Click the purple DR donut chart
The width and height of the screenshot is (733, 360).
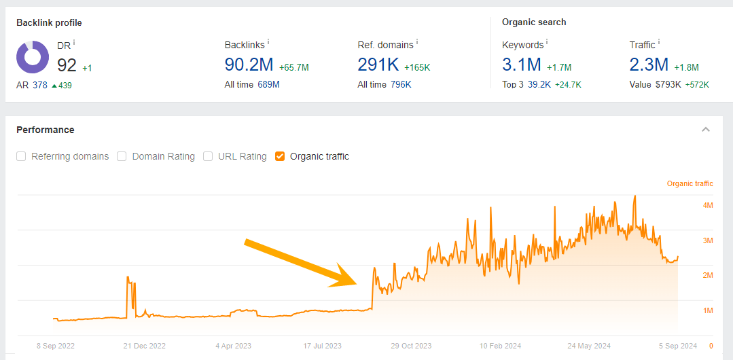tap(33, 57)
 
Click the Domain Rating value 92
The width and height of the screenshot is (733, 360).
tap(67, 65)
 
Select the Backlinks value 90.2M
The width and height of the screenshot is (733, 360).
tap(249, 65)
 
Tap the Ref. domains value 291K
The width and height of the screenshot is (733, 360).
tap(378, 65)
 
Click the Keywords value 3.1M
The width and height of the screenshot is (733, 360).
tap(522, 65)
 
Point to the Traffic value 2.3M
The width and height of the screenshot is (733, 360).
tap(649, 65)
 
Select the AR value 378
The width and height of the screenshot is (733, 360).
tap(40, 85)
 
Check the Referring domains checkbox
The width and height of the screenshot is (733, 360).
tap(21, 156)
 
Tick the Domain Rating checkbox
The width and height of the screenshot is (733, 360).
tap(122, 156)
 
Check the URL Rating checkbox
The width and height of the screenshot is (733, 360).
tap(208, 156)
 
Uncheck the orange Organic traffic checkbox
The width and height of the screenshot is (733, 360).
tap(280, 156)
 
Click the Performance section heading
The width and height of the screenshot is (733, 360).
tap(46, 130)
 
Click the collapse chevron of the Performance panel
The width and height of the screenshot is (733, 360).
tap(706, 130)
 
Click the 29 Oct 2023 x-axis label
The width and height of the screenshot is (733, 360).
tap(411, 346)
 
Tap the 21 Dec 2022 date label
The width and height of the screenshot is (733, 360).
tap(144, 346)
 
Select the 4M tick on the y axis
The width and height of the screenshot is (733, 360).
tap(708, 205)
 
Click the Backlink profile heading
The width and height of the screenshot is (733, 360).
tap(49, 22)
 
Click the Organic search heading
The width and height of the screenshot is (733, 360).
tap(534, 22)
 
